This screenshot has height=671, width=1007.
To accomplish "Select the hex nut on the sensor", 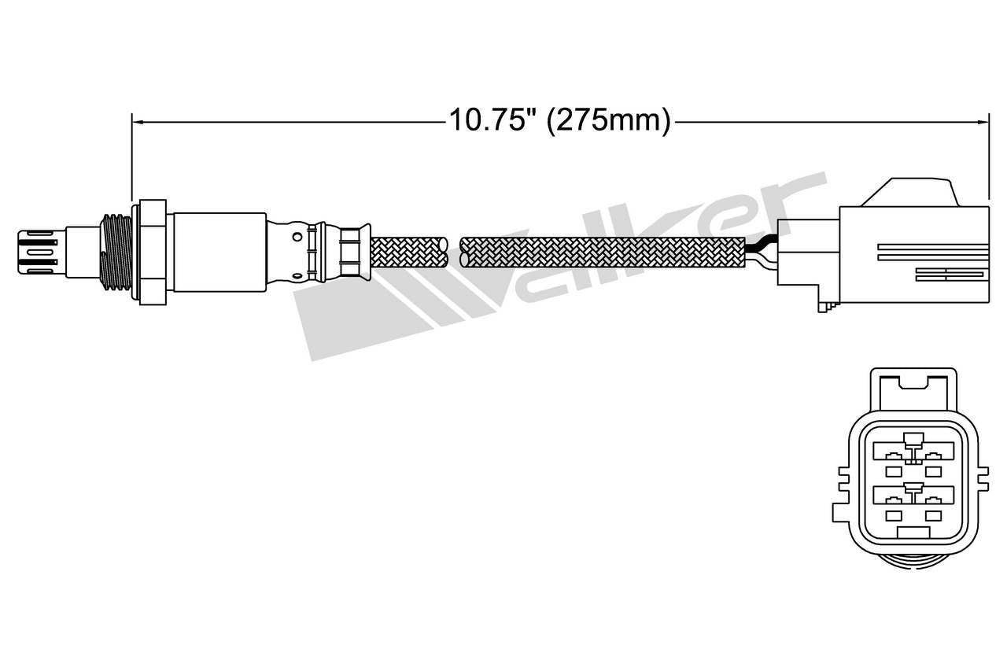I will (x=152, y=251).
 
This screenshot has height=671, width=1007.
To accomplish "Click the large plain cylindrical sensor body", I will (x=219, y=251).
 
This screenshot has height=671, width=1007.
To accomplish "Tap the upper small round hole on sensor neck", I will (x=296, y=234).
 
